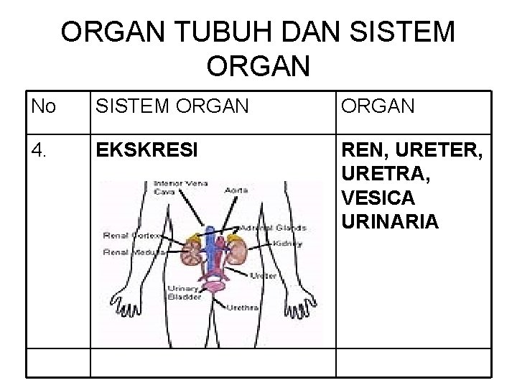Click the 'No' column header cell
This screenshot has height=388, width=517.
tap(45, 108)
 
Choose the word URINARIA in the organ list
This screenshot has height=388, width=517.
tap(391, 221)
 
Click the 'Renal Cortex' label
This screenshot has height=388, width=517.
tap(131, 235)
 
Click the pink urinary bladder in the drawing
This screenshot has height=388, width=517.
tap(213, 287)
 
